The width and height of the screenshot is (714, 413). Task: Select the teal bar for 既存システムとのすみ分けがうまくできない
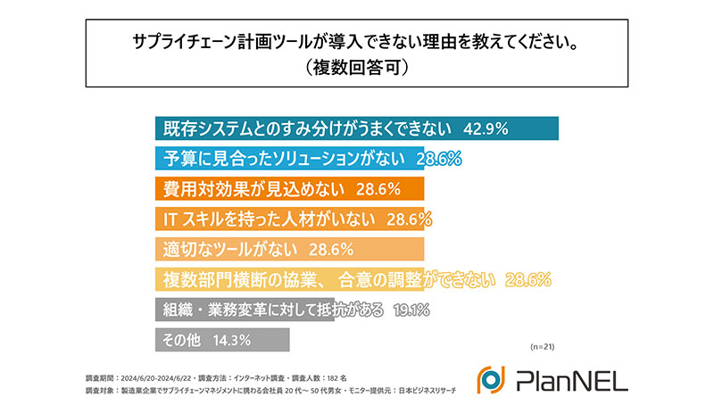pos(357,128)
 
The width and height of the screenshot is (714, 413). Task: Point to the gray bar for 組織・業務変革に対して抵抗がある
pos(241,310)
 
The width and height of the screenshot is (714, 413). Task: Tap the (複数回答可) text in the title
pos(357,66)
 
